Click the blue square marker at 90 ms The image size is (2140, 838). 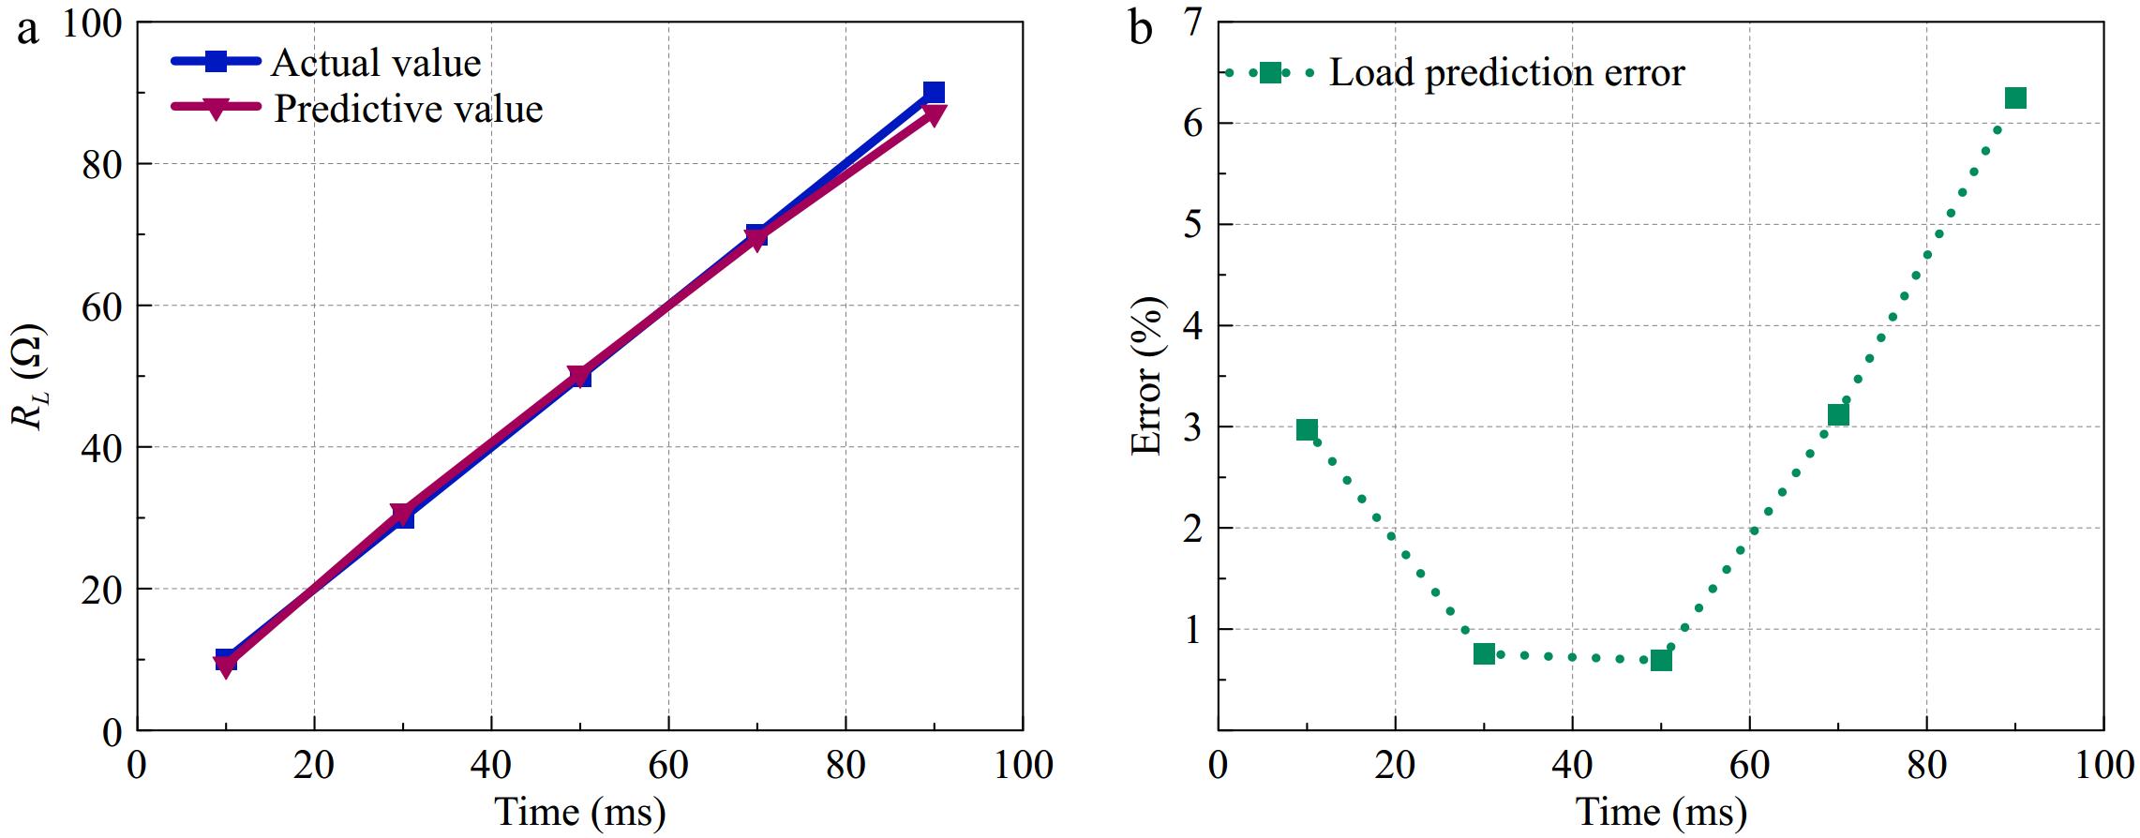[934, 92]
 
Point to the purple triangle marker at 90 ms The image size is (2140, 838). [934, 114]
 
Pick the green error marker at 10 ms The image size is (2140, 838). [1307, 430]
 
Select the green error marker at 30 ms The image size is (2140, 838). [1484, 653]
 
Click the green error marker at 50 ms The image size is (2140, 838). [1661, 660]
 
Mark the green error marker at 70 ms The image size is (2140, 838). [1838, 415]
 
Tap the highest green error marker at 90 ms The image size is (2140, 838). [2015, 98]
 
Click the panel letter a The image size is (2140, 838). [28, 29]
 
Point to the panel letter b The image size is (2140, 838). [1141, 29]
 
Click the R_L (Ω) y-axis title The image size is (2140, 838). [29, 377]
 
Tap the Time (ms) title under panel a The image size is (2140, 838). [580, 812]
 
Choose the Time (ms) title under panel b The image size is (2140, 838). [1661, 812]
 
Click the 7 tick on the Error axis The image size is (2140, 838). [1193, 22]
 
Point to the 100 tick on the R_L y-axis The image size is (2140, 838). [92, 23]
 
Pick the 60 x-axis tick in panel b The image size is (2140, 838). [1749, 765]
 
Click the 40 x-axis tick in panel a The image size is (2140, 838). [491, 765]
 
